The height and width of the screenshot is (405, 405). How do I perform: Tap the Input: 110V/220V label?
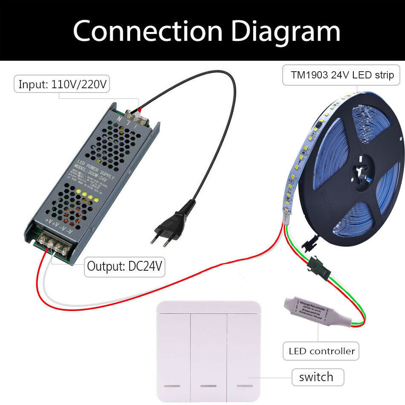(62, 84)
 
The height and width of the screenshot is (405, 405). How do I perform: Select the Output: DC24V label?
(124, 266)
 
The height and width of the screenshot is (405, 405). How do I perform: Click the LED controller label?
(321, 351)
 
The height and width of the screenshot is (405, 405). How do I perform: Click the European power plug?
(172, 224)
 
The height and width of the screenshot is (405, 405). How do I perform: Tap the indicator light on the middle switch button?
(208, 386)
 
